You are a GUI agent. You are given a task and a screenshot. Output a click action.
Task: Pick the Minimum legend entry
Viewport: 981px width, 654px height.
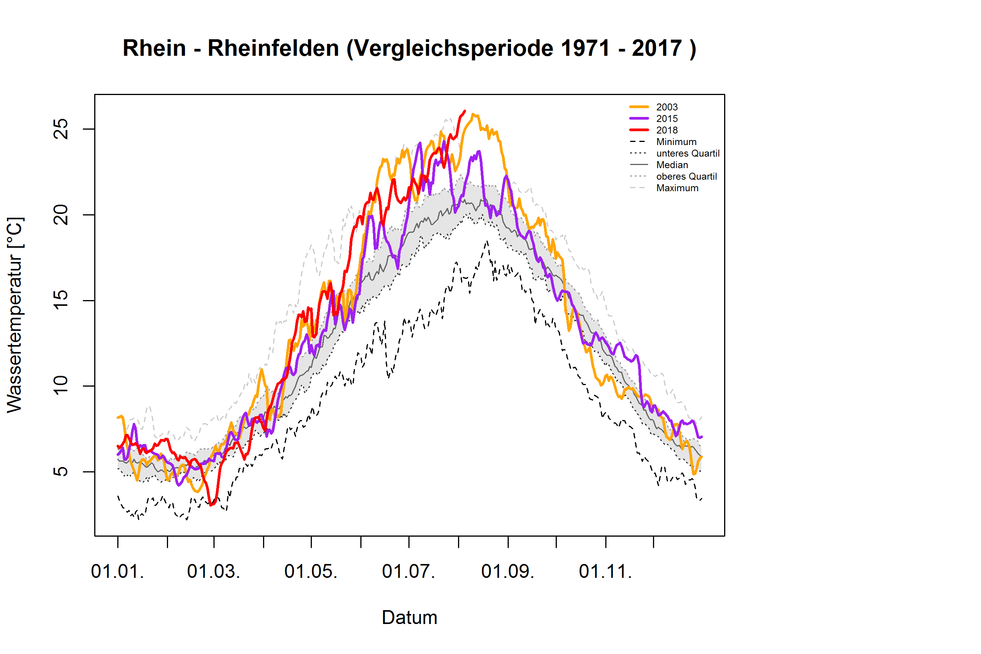point(675,142)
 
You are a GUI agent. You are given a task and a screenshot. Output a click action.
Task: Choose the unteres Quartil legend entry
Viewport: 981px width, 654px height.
point(687,153)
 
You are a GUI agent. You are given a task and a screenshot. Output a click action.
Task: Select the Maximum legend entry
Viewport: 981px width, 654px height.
point(677,188)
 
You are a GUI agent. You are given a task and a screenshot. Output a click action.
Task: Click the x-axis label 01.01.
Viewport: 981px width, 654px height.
point(118,572)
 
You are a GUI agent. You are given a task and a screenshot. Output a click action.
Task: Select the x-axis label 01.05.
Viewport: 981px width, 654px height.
point(311,572)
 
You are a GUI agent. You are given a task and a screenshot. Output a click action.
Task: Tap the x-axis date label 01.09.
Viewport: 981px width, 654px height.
point(507,572)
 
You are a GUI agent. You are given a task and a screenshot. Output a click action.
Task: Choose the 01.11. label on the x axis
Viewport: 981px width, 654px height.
point(605,572)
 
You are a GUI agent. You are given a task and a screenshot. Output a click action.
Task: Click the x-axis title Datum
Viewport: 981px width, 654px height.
point(410,618)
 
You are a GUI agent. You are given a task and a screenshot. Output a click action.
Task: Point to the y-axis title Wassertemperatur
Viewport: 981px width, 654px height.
point(15,315)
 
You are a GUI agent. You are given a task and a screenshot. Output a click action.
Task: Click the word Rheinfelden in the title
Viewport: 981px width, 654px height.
point(273,48)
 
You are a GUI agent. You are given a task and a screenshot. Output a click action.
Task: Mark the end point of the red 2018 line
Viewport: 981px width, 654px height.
point(465,111)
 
